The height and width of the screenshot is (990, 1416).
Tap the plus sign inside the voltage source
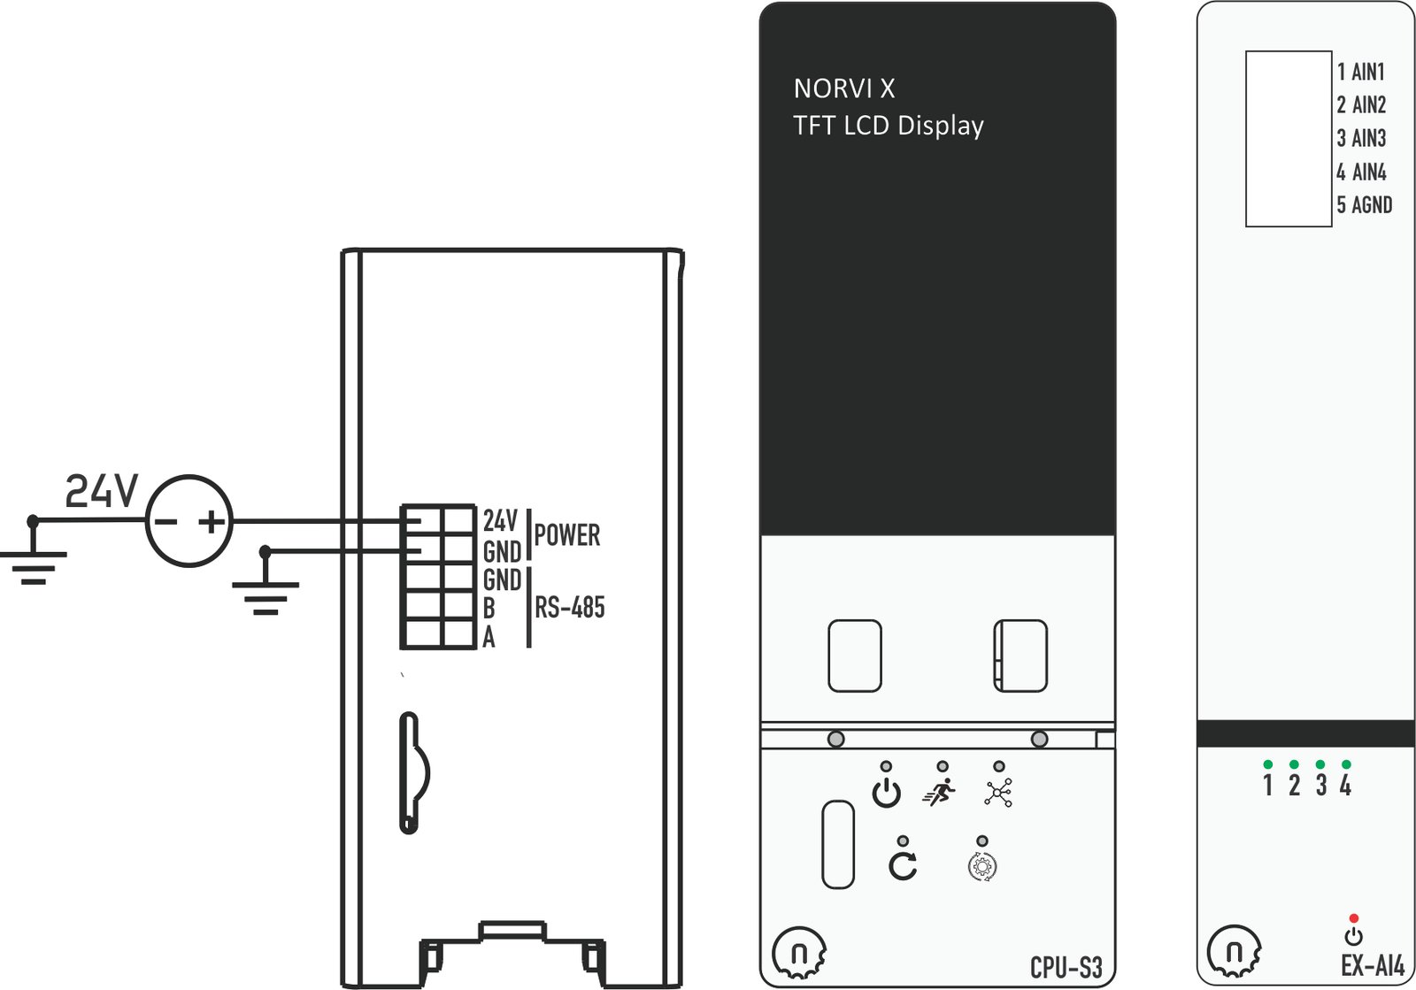tap(212, 522)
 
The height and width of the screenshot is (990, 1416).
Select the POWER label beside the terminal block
tap(567, 535)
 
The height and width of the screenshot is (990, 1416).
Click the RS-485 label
tap(570, 607)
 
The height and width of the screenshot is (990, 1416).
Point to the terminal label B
tap(489, 609)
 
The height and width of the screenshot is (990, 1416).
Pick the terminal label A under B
tap(489, 638)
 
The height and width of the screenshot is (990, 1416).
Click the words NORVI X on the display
tap(844, 89)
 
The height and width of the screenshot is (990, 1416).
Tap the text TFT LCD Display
tap(889, 126)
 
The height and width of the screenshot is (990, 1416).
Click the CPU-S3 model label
tap(1066, 967)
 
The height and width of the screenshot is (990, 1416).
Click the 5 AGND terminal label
tap(1364, 204)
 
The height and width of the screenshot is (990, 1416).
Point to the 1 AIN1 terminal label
tap(1361, 72)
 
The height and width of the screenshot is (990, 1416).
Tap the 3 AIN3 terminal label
tap(1361, 138)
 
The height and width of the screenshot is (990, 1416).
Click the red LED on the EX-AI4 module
tap(1353, 918)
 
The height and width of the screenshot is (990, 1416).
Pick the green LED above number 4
tap(1346, 764)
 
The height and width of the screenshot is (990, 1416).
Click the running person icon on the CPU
tap(939, 792)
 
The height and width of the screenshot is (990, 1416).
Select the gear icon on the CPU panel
tap(981, 866)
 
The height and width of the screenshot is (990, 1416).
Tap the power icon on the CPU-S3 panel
tap(886, 793)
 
